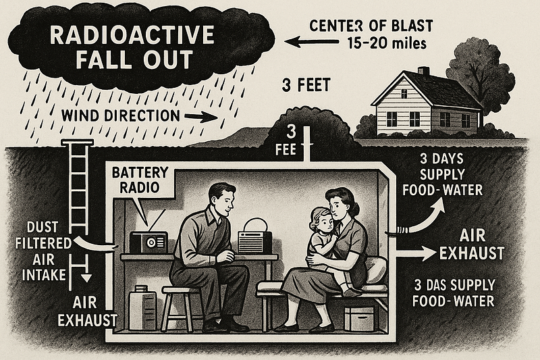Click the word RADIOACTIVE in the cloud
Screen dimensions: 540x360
132,35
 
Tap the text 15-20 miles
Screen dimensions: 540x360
387,43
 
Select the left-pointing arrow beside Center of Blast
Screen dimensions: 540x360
312,42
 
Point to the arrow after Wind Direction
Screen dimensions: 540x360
201,117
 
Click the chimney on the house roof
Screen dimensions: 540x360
424,72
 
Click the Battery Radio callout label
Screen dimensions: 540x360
140,180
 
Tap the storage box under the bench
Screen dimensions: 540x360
359,319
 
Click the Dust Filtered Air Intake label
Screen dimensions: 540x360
44,251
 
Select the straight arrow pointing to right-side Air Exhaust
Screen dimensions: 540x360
416,253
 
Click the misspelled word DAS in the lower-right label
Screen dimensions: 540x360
437,286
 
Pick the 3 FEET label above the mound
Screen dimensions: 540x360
306,85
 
